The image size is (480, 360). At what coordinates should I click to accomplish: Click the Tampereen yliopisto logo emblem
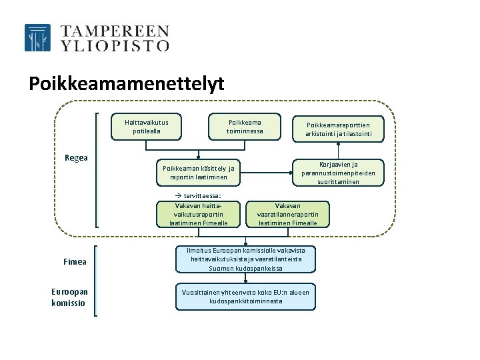coord(37,38)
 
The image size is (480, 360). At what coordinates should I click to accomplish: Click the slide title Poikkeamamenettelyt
coord(127,84)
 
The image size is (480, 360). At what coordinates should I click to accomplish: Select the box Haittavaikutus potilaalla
coord(147,127)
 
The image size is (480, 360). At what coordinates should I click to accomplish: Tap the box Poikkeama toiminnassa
coord(245,127)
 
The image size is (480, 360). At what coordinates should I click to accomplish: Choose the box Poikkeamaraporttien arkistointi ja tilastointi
coord(338,129)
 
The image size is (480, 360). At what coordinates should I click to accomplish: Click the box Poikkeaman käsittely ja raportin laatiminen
coord(198,173)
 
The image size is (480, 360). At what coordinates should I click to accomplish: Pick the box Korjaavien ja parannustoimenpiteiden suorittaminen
coord(338,173)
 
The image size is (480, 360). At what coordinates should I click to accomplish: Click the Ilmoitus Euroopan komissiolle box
coord(245,259)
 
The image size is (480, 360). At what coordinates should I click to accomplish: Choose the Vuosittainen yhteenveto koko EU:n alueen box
coord(245,297)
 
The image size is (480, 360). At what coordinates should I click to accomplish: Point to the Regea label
coord(76,159)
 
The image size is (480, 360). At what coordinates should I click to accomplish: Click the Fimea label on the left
coord(75,262)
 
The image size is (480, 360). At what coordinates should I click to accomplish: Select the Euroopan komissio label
coord(69,297)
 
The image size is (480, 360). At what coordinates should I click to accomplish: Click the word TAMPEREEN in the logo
coord(115,31)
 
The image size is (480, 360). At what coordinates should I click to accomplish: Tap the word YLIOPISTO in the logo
coord(115,45)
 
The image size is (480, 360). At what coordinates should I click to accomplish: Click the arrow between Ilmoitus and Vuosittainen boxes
coord(245,279)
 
